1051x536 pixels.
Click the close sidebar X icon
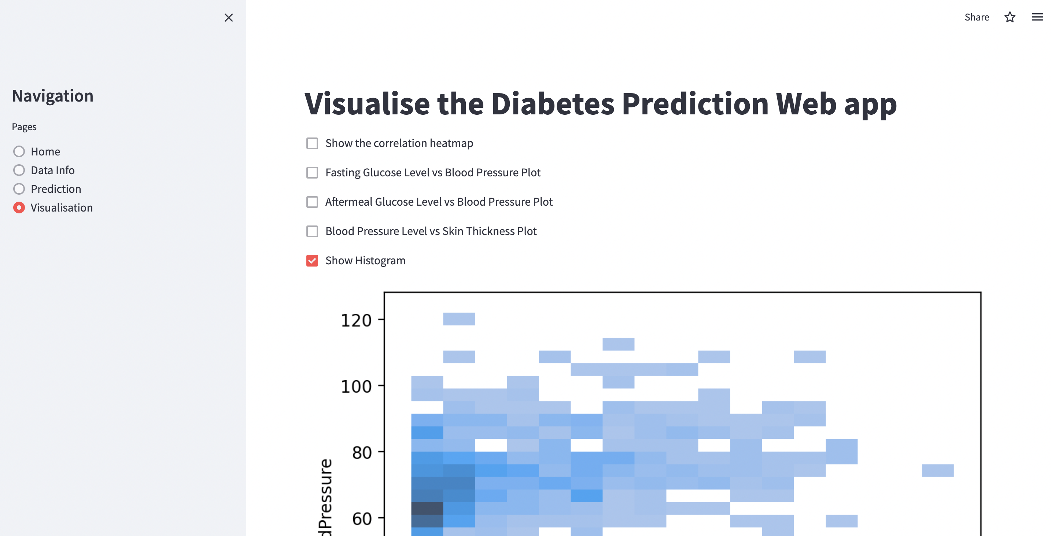click(x=228, y=18)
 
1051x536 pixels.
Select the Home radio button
click(x=19, y=151)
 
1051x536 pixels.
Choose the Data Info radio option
click(x=19, y=170)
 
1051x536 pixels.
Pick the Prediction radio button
click(x=19, y=189)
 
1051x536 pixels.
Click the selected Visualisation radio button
click(x=19, y=208)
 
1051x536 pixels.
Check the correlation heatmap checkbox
click(x=312, y=143)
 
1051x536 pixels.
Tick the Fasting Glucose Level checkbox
click(x=312, y=173)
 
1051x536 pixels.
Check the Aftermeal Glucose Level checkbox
click(x=312, y=202)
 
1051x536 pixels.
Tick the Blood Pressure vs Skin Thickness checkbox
click(x=312, y=231)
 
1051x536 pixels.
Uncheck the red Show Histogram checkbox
click(x=312, y=261)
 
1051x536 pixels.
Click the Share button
click(x=976, y=17)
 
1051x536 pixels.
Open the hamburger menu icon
click(x=1037, y=17)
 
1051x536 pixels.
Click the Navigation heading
click(x=53, y=96)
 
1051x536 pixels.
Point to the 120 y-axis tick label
click(x=356, y=320)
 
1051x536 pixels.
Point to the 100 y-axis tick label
click(x=356, y=386)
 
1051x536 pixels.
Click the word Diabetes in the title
click(x=552, y=104)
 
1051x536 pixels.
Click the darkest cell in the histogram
click(x=427, y=509)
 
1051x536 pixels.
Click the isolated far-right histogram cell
click(x=937, y=470)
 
